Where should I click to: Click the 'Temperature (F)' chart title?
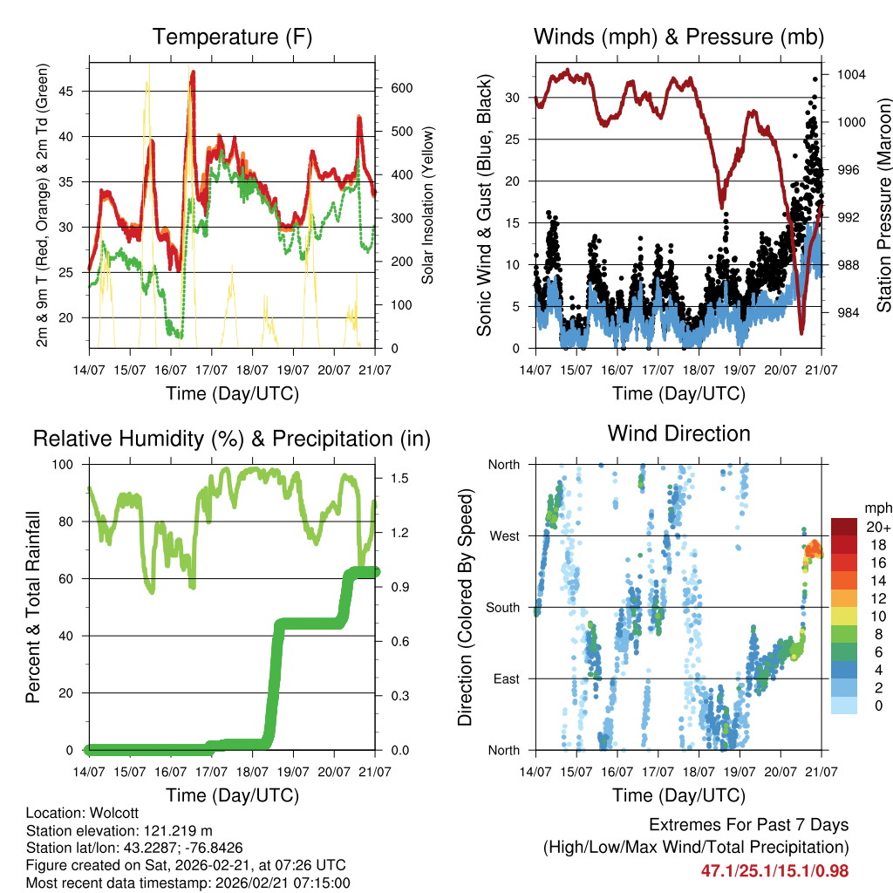coord(232,37)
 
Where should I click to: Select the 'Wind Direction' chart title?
coord(678,433)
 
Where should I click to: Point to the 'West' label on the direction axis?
coord(503,536)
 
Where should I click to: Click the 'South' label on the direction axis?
coord(502,608)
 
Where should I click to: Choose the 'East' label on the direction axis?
coord(505,679)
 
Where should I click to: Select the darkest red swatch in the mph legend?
coord(843,527)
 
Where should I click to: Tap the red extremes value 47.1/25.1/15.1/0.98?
coord(774,870)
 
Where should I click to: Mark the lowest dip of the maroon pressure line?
coord(801,332)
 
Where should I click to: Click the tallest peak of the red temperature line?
coord(193,72)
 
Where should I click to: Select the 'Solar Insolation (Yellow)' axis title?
coord(427,205)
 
